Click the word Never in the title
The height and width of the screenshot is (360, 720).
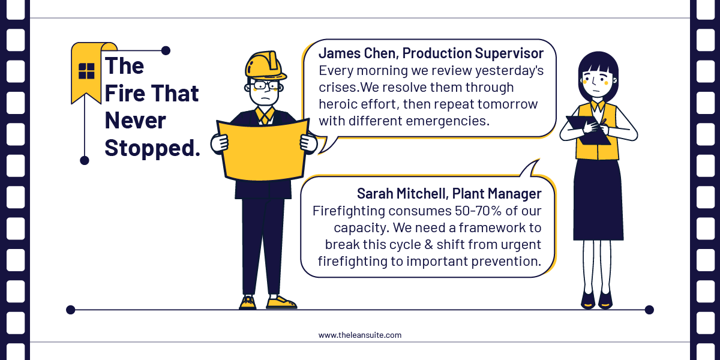coord(135,121)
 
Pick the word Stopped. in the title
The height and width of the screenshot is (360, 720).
coord(152,148)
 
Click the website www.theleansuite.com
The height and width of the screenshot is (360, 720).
coord(360,335)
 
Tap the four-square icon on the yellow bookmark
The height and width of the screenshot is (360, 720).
coord(86,71)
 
